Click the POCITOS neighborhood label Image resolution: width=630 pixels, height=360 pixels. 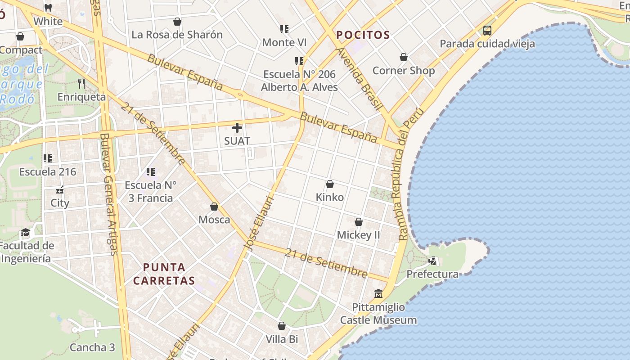(363, 35)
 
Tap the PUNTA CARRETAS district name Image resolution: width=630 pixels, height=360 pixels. (164, 274)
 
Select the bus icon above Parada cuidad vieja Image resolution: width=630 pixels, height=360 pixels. (487, 31)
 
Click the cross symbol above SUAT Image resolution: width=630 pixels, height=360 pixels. (237, 128)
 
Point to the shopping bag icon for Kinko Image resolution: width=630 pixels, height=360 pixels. (329, 184)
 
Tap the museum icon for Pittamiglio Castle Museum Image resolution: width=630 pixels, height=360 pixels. (378, 293)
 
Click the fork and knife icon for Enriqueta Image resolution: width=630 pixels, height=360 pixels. (81, 83)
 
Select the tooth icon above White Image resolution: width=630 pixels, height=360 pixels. (48, 8)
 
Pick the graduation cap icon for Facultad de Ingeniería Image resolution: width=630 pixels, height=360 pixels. (25, 233)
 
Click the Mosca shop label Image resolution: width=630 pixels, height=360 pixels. (214, 220)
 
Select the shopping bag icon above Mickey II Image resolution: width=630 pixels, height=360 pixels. (358, 222)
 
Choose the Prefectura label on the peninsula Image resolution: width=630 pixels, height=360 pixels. (432, 274)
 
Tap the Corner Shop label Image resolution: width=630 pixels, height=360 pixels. (403, 71)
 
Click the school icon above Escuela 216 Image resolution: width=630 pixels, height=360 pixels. (48, 158)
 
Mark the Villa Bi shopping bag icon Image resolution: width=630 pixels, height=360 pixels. (282, 326)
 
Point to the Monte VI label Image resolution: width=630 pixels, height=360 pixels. (284, 42)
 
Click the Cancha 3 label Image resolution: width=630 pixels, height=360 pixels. (92, 347)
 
